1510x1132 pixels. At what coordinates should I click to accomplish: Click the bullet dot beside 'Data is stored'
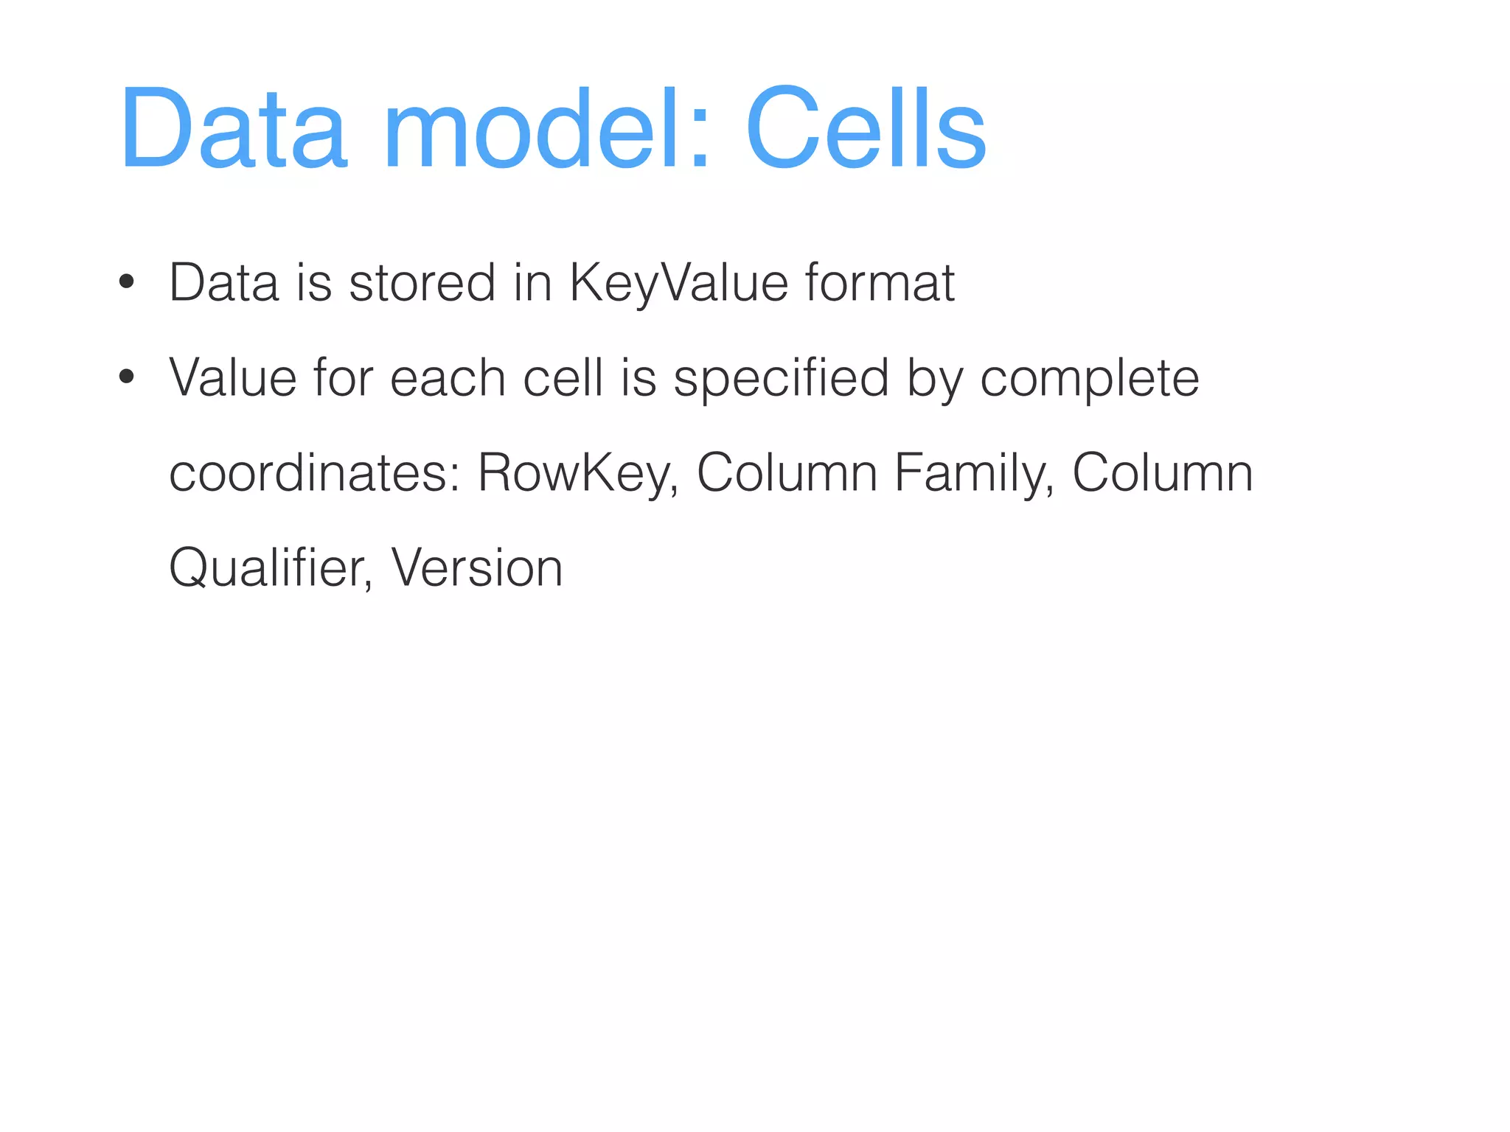tap(127, 282)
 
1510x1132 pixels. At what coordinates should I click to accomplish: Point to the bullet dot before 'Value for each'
tap(127, 377)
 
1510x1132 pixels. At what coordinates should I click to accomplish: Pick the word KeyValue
tap(678, 283)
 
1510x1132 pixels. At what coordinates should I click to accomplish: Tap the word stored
tap(422, 283)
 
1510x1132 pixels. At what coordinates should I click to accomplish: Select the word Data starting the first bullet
tap(224, 283)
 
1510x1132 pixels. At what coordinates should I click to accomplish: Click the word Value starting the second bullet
tap(233, 378)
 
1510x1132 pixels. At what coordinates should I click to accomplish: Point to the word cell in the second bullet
tap(563, 378)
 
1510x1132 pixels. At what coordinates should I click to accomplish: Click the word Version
tap(477, 568)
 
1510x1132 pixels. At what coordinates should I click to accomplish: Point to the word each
tap(448, 378)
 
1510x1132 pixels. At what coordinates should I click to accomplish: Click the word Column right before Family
tap(787, 473)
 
